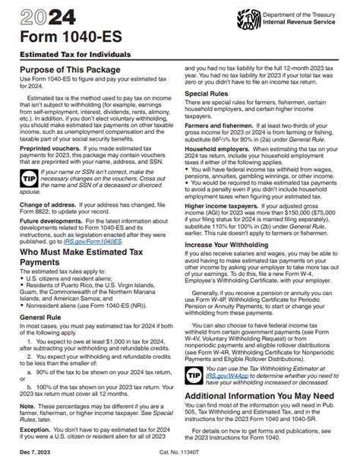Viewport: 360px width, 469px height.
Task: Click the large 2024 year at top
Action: click(x=43, y=17)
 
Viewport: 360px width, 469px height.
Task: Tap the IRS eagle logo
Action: click(x=248, y=18)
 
